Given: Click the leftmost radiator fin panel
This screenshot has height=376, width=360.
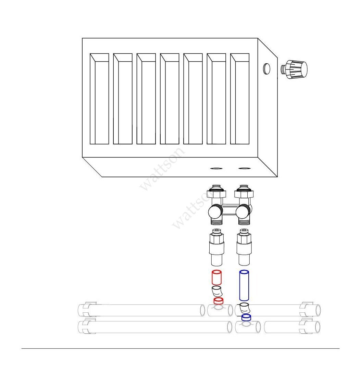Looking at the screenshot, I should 99,99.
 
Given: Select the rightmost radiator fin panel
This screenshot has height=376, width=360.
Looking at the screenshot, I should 240,99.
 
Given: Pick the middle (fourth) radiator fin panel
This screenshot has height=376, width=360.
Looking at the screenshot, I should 170,99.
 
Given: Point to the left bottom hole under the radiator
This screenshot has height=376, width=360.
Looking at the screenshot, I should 216,168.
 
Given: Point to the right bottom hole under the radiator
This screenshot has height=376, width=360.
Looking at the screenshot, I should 244,168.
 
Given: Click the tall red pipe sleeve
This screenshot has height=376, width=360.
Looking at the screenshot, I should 216,277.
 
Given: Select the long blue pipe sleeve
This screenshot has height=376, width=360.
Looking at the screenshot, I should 244,285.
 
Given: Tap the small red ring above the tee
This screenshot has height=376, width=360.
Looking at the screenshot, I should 219,301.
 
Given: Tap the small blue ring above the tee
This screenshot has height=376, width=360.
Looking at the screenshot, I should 246,317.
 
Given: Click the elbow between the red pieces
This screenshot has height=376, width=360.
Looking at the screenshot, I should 216,292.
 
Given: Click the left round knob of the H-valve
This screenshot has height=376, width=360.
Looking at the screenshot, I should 215,211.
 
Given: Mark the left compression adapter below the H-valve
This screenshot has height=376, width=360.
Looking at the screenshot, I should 216,248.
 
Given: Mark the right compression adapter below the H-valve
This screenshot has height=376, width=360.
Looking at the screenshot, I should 244,248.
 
